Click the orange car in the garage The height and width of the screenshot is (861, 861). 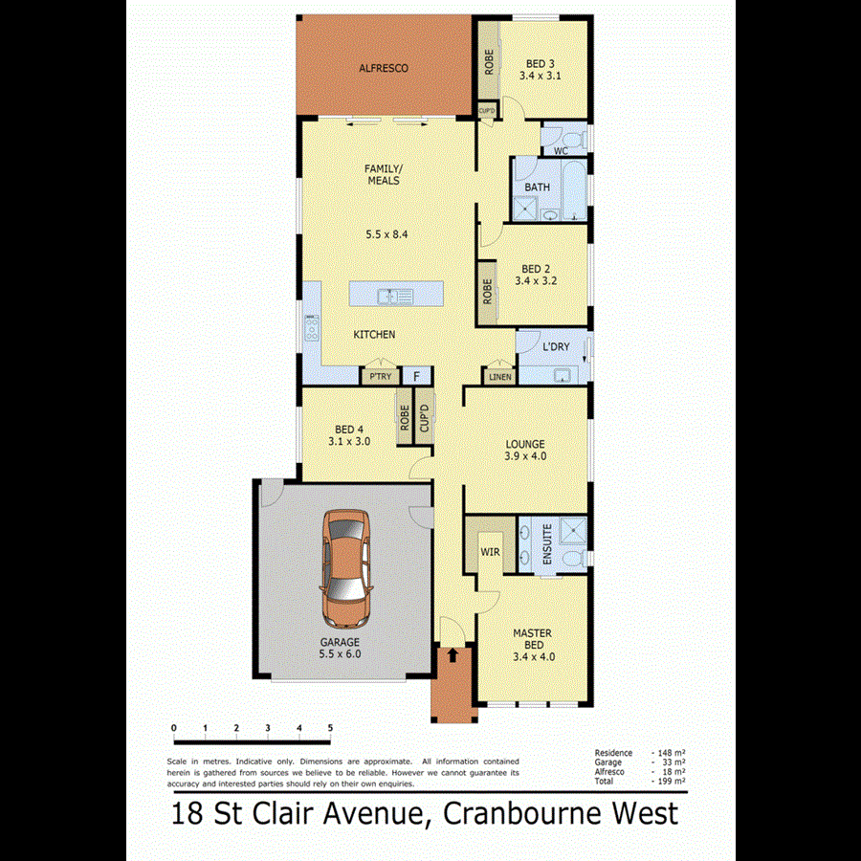[x=345, y=565]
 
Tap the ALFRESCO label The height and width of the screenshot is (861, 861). [x=384, y=68]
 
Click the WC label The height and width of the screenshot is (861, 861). [x=562, y=150]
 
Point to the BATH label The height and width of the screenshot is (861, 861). [x=537, y=187]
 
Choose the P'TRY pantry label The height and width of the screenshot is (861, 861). [x=380, y=377]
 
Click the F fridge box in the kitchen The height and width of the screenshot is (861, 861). [x=417, y=377]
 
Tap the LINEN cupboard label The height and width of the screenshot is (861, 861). [x=500, y=378]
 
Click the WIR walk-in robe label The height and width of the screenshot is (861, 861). [x=490, y=552]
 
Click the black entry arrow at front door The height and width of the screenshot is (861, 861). [x=452, y=653]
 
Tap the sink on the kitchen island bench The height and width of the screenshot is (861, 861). [x=393, y=296]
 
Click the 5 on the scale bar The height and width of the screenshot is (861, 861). [x=330, y=728]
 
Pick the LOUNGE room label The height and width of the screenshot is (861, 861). [x=525, y=444]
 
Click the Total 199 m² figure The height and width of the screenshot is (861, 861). [x=673, y=782]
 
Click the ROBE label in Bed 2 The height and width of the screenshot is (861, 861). [x=488, y=290]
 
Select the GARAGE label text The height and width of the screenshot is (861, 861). [x=340, y=642]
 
